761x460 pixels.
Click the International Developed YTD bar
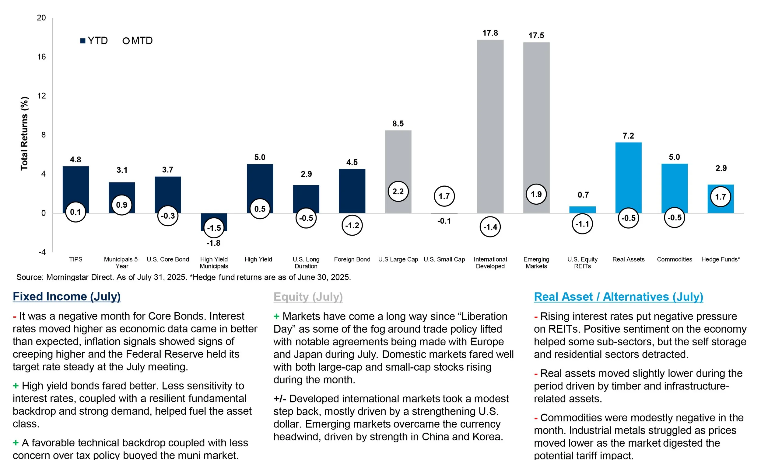click(490, 123)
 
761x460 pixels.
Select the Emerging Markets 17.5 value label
click(536, 36)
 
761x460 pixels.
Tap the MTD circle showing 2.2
click(398, 192)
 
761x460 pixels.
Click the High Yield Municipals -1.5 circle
click(214, 228)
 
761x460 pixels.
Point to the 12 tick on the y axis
click(41, 96)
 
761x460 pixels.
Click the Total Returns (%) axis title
click(24, 133)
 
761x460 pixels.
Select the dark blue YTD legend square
click(82, 41)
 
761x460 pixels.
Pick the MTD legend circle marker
click(126, 41)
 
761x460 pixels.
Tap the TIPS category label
click(76, 259)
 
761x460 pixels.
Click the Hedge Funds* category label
click(721, 259)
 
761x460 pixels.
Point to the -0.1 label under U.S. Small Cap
click(444, 221)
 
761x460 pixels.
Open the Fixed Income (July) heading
click(67, 296)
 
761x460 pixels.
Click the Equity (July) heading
click(308, 297)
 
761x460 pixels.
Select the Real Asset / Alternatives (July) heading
click(618, 297)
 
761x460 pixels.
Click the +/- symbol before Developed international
click(280, 399)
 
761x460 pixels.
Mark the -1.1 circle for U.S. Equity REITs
click(582, 224)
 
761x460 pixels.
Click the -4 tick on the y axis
click(42, 252)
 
